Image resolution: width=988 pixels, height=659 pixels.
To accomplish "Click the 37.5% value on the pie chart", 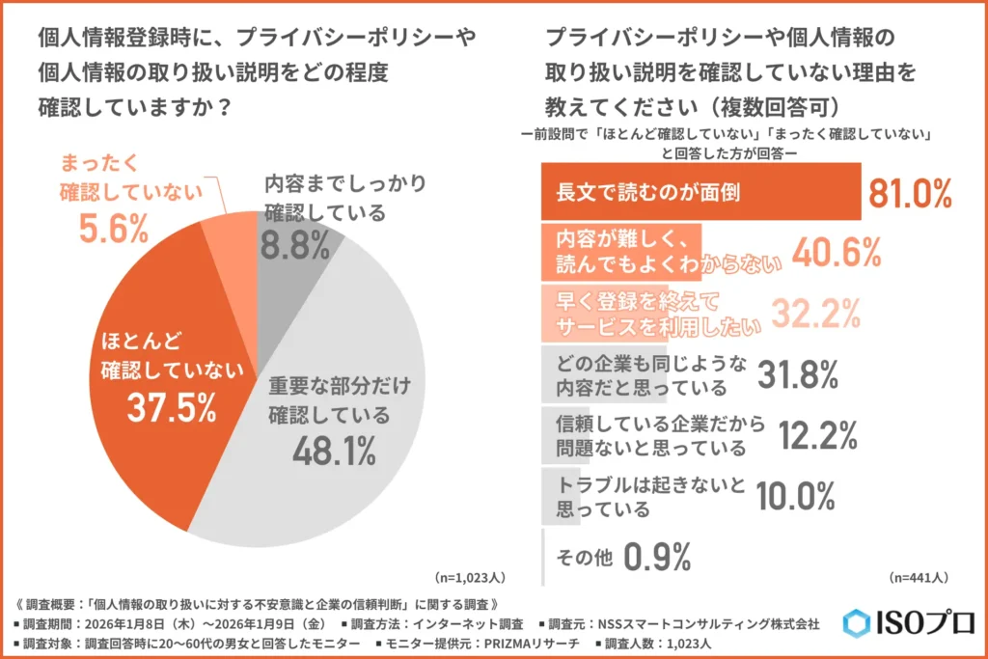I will pyautogui.click(x=171, y=407).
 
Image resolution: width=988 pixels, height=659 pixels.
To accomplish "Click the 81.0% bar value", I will pyautogui.click(x=910, y=193).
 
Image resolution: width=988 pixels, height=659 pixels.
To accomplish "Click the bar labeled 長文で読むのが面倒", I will pyautogui.click(x=701, y=192).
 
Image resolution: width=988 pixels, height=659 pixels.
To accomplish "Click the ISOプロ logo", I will pyautogui.click(x=908, y=622).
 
